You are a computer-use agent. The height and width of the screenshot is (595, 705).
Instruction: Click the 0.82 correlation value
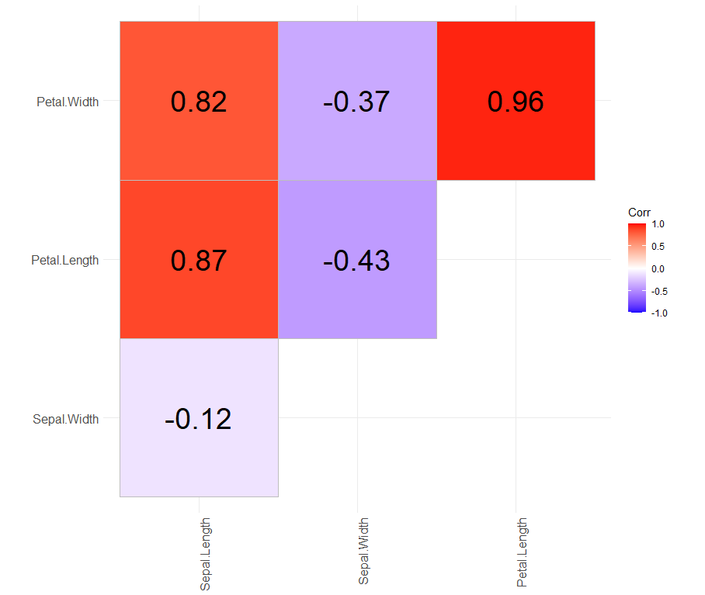tap(199, 102)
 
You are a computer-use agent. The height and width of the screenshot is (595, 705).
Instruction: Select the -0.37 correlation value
tap(356, 102)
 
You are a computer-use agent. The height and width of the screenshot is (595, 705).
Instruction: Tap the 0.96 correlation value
tap(516, 102)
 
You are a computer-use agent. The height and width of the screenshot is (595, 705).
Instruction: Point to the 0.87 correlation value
tap(199, 260)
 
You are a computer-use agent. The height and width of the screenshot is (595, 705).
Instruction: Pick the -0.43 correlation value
tap(356, 260)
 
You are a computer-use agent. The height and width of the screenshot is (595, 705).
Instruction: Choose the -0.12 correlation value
tap(198, 419)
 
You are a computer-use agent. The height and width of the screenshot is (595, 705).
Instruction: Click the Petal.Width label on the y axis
tap(68, 102)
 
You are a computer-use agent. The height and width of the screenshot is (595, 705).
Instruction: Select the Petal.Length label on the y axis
tap(65, 260)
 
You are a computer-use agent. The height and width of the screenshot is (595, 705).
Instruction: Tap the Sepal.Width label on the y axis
tap(66, 419)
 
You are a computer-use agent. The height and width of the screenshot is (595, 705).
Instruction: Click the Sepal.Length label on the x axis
tap(206, 554)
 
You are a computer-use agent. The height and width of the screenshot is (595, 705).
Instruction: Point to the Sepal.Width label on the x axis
tap(363, 552)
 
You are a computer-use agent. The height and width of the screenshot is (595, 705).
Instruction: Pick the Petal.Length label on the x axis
tap(522, 552)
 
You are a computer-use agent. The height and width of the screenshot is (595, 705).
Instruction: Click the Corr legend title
tap(639, 213)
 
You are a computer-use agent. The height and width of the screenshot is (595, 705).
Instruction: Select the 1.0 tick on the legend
tap(660, 224)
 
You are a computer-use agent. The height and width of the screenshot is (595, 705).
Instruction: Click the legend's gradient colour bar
tap(637, 268)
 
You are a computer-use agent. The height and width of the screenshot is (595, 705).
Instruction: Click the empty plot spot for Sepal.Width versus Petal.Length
tap(516, 419)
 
